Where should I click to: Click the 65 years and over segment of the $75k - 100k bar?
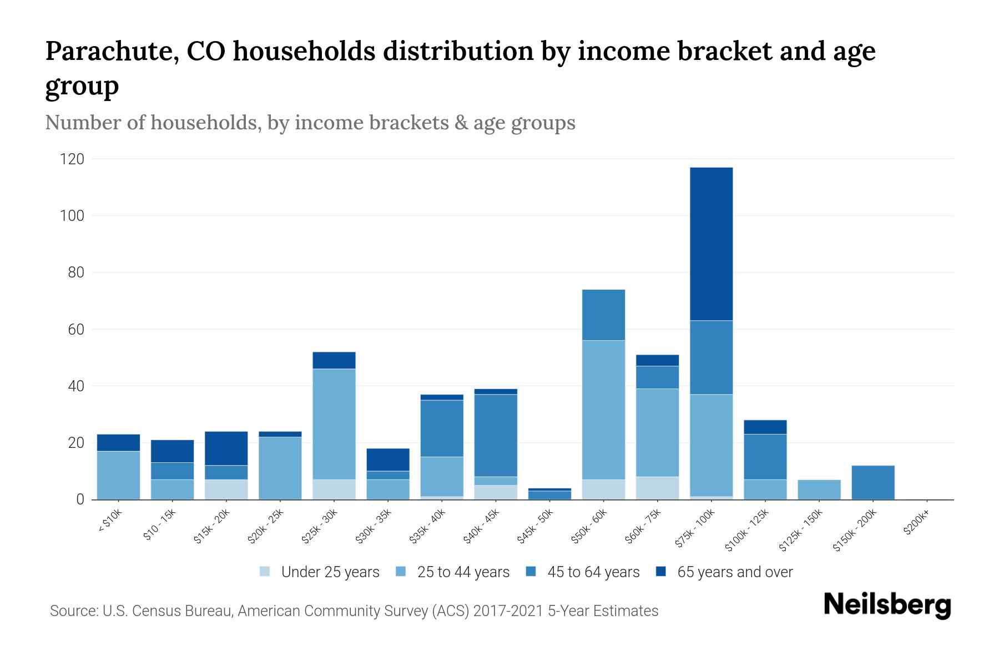(711, 244)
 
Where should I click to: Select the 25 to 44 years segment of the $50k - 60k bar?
(603, 410)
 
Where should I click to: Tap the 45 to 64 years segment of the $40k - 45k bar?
(496, 435)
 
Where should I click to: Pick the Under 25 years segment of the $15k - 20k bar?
(226, 490)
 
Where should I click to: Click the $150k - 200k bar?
(872, 482)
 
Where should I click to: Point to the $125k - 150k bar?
(819, 490)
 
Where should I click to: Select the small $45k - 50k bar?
(549, 495)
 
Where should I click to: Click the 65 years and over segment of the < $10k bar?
(118, 442)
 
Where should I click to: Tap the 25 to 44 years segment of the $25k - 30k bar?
(334, 424)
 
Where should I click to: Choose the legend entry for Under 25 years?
(320, 572)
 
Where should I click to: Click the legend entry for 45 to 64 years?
(583, 572)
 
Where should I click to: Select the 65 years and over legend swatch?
(661, 572)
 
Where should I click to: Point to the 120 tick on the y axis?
(72, 160)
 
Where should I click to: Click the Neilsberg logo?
(887, 605)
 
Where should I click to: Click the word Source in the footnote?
(73, 611)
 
